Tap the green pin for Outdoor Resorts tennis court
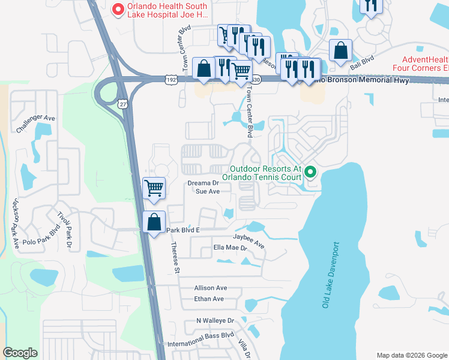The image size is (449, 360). point(310,173)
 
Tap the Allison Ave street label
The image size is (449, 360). point(210,288)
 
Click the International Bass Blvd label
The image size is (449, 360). point(200,340)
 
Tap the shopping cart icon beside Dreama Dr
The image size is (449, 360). point(154,187)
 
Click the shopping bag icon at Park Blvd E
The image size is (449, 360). point(154,222)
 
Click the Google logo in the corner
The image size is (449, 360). point(20,353)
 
